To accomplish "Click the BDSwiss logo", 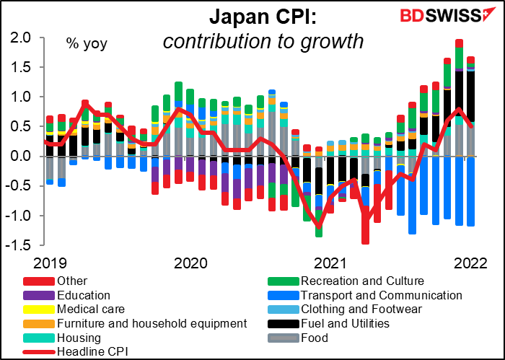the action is point(444,15).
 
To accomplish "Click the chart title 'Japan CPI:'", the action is point(263,18).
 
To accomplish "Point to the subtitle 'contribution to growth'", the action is point(263,42).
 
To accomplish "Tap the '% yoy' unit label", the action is point(87,44).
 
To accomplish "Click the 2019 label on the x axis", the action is point(50,263).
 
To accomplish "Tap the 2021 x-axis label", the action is point(330,263).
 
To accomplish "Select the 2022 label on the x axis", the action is point(470,263).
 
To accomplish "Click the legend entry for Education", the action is point(66,295).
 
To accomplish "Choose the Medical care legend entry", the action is point(74,309).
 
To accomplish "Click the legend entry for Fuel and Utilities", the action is point(328,323).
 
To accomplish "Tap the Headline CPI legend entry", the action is point(75,351).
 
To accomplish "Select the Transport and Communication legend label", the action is point(382,295).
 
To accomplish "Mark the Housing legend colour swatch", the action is point(39,338).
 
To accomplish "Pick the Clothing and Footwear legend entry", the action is point(345,309).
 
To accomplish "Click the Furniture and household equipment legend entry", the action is point(136,323).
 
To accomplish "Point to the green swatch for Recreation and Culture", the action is point(283,281).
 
